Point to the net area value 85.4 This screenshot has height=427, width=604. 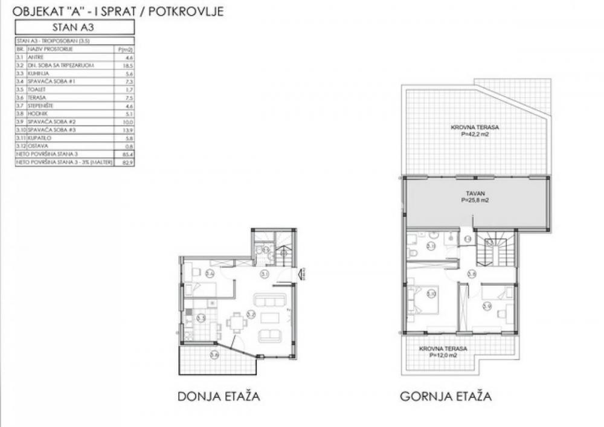click(126, 155)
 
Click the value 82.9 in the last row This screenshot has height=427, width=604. click(126, 163)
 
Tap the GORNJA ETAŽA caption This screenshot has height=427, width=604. click(445, 397)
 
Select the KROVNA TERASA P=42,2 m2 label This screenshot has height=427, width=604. click(475, 130)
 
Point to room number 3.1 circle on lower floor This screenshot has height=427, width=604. click(263, 275)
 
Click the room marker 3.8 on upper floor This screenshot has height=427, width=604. click(472, 274)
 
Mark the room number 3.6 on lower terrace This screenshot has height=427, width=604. click(214, 355)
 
